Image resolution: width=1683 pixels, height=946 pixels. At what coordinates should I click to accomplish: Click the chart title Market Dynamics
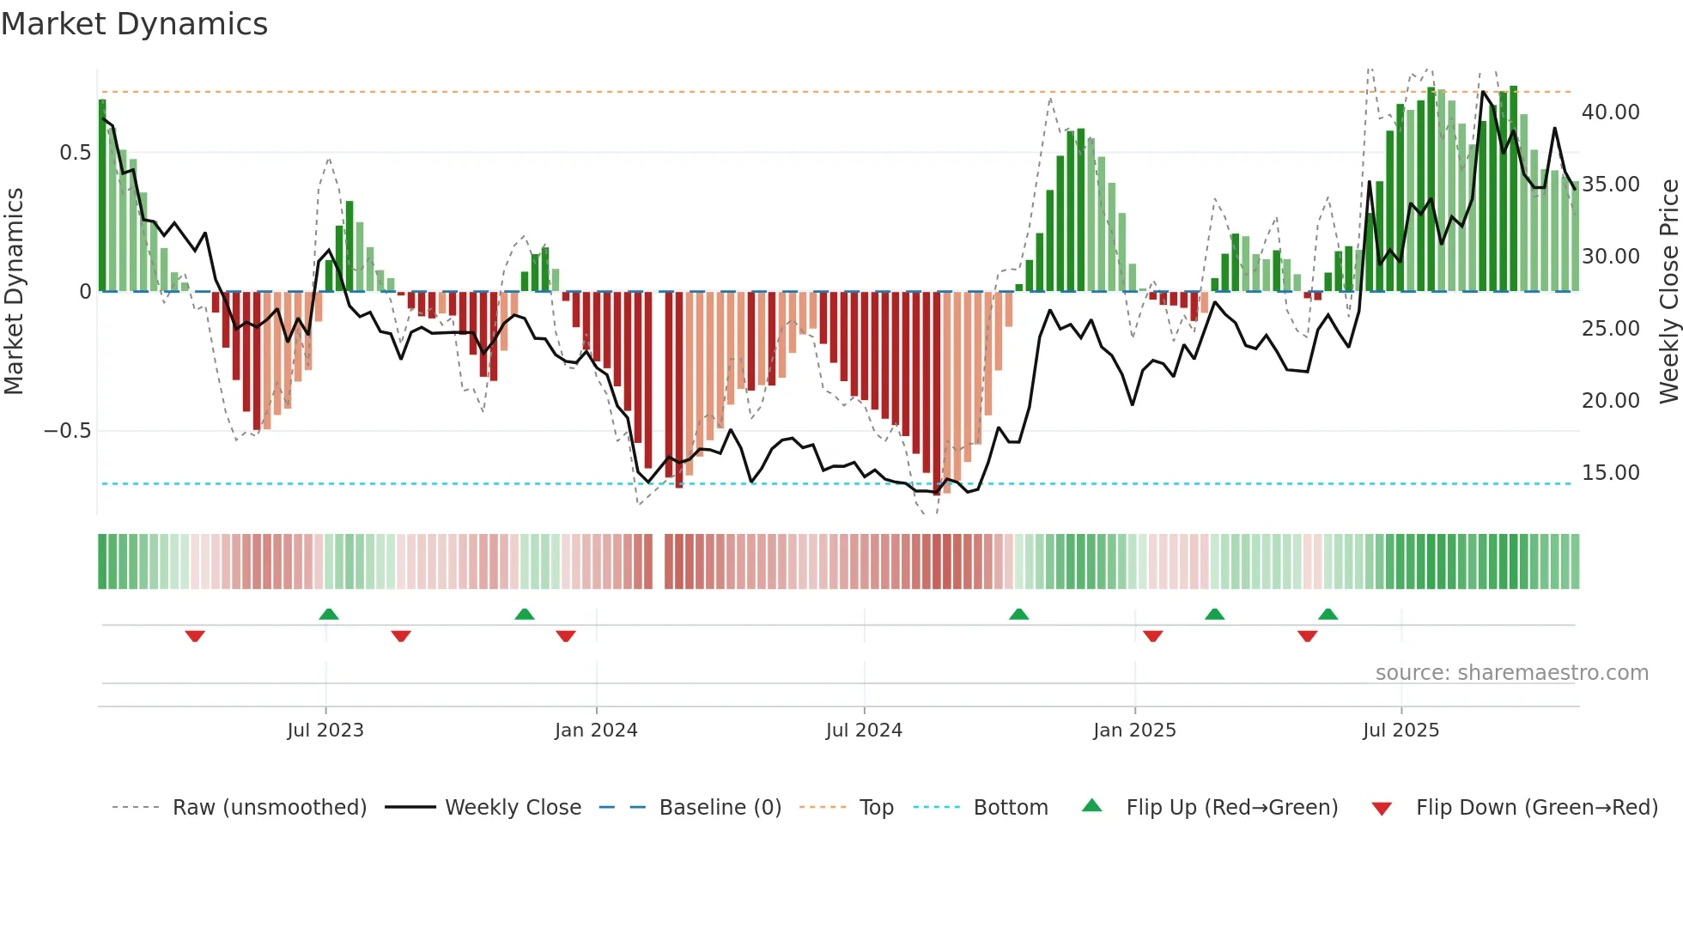click(x=134, y=24)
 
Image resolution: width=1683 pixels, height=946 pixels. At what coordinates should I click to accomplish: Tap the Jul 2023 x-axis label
click(x=325, y=731)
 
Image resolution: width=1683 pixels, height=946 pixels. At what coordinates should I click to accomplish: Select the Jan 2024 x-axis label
click(x=596, y=731)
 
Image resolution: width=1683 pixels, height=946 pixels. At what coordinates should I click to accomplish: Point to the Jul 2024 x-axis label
click(x=864, y=731)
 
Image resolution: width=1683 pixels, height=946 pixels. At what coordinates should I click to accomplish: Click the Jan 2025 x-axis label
click(x=1134, y=731)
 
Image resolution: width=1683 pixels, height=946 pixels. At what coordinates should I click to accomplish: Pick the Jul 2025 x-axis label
click(x=1400, y=731)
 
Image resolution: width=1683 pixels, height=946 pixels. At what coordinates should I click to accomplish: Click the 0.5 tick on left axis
click(x=75, y=153)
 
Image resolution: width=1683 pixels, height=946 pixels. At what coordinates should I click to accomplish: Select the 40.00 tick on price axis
click(x=1610, y=112)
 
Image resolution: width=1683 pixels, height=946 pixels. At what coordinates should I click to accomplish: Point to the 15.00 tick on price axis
click(x=1610, y=473)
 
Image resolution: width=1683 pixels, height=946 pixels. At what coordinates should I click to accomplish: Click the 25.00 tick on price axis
click(x=1610, y=329)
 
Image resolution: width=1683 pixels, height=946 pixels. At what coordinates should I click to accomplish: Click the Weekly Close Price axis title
click(x=1668, y=292)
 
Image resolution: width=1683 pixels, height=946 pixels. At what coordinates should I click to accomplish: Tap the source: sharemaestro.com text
click(x=1511, y=673)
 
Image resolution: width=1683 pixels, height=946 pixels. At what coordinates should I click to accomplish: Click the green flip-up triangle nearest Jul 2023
click(x=328, y=614)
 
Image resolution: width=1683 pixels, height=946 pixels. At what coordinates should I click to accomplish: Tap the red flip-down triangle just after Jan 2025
click(x=1152, y=636)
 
